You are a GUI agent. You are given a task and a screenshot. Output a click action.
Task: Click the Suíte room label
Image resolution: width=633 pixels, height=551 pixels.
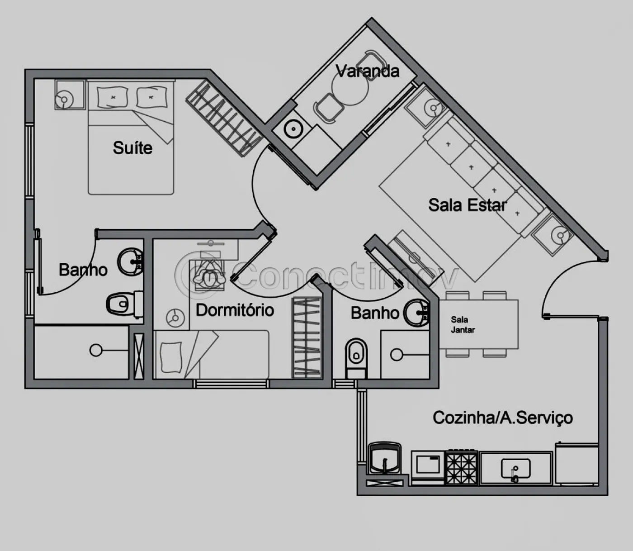132,148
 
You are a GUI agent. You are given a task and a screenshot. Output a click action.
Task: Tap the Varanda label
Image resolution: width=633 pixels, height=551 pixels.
368,71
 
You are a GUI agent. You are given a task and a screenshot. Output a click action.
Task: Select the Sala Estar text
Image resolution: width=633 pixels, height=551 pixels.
468,205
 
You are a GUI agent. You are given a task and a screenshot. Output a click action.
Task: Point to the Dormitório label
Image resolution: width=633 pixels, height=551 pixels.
235,310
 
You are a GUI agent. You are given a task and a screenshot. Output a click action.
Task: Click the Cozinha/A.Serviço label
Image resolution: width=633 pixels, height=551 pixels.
503,418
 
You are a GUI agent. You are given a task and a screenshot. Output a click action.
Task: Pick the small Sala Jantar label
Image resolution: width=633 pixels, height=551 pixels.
463,325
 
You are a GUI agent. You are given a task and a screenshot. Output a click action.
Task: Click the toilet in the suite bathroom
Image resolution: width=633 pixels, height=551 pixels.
124,304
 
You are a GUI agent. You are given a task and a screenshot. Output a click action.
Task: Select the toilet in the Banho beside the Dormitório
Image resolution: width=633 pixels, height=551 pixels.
356,357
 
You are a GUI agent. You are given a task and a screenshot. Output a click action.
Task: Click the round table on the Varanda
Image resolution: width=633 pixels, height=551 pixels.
350,86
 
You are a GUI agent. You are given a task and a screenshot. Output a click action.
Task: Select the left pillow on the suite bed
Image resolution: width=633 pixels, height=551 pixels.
112,97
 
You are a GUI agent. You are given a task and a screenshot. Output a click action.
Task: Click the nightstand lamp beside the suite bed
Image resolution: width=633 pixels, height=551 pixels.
64,100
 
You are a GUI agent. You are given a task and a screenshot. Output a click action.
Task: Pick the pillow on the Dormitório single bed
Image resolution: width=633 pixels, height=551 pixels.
171,357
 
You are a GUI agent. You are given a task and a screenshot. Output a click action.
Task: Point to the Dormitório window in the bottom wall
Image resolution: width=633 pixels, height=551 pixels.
231,384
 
